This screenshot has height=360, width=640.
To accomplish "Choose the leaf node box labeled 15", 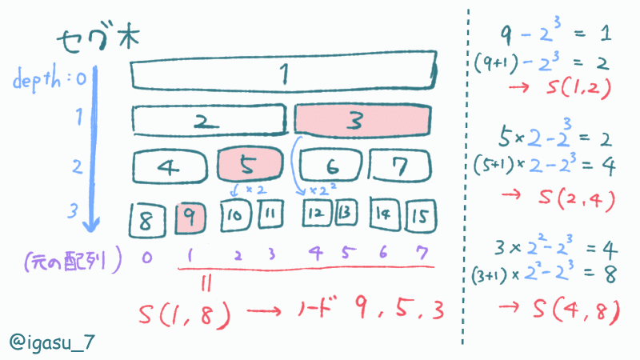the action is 421,216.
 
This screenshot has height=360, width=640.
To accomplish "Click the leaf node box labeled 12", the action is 318,215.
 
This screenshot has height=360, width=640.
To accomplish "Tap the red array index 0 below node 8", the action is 146,258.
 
